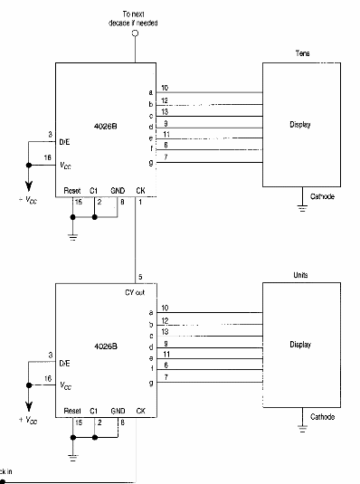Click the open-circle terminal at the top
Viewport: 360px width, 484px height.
(137, 33)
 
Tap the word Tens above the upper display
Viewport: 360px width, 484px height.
(302, 53)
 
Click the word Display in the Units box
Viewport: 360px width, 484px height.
(300, 345)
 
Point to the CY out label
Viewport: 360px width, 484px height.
(136, 292)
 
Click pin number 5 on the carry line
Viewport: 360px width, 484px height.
(139, 277)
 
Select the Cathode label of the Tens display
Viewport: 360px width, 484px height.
(323, 195)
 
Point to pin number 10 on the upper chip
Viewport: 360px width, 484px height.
(165, 88)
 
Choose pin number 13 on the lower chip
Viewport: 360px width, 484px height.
(165, 332)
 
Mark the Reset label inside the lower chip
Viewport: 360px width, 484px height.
(72, 411)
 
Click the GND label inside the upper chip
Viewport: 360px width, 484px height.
(118, 191)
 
